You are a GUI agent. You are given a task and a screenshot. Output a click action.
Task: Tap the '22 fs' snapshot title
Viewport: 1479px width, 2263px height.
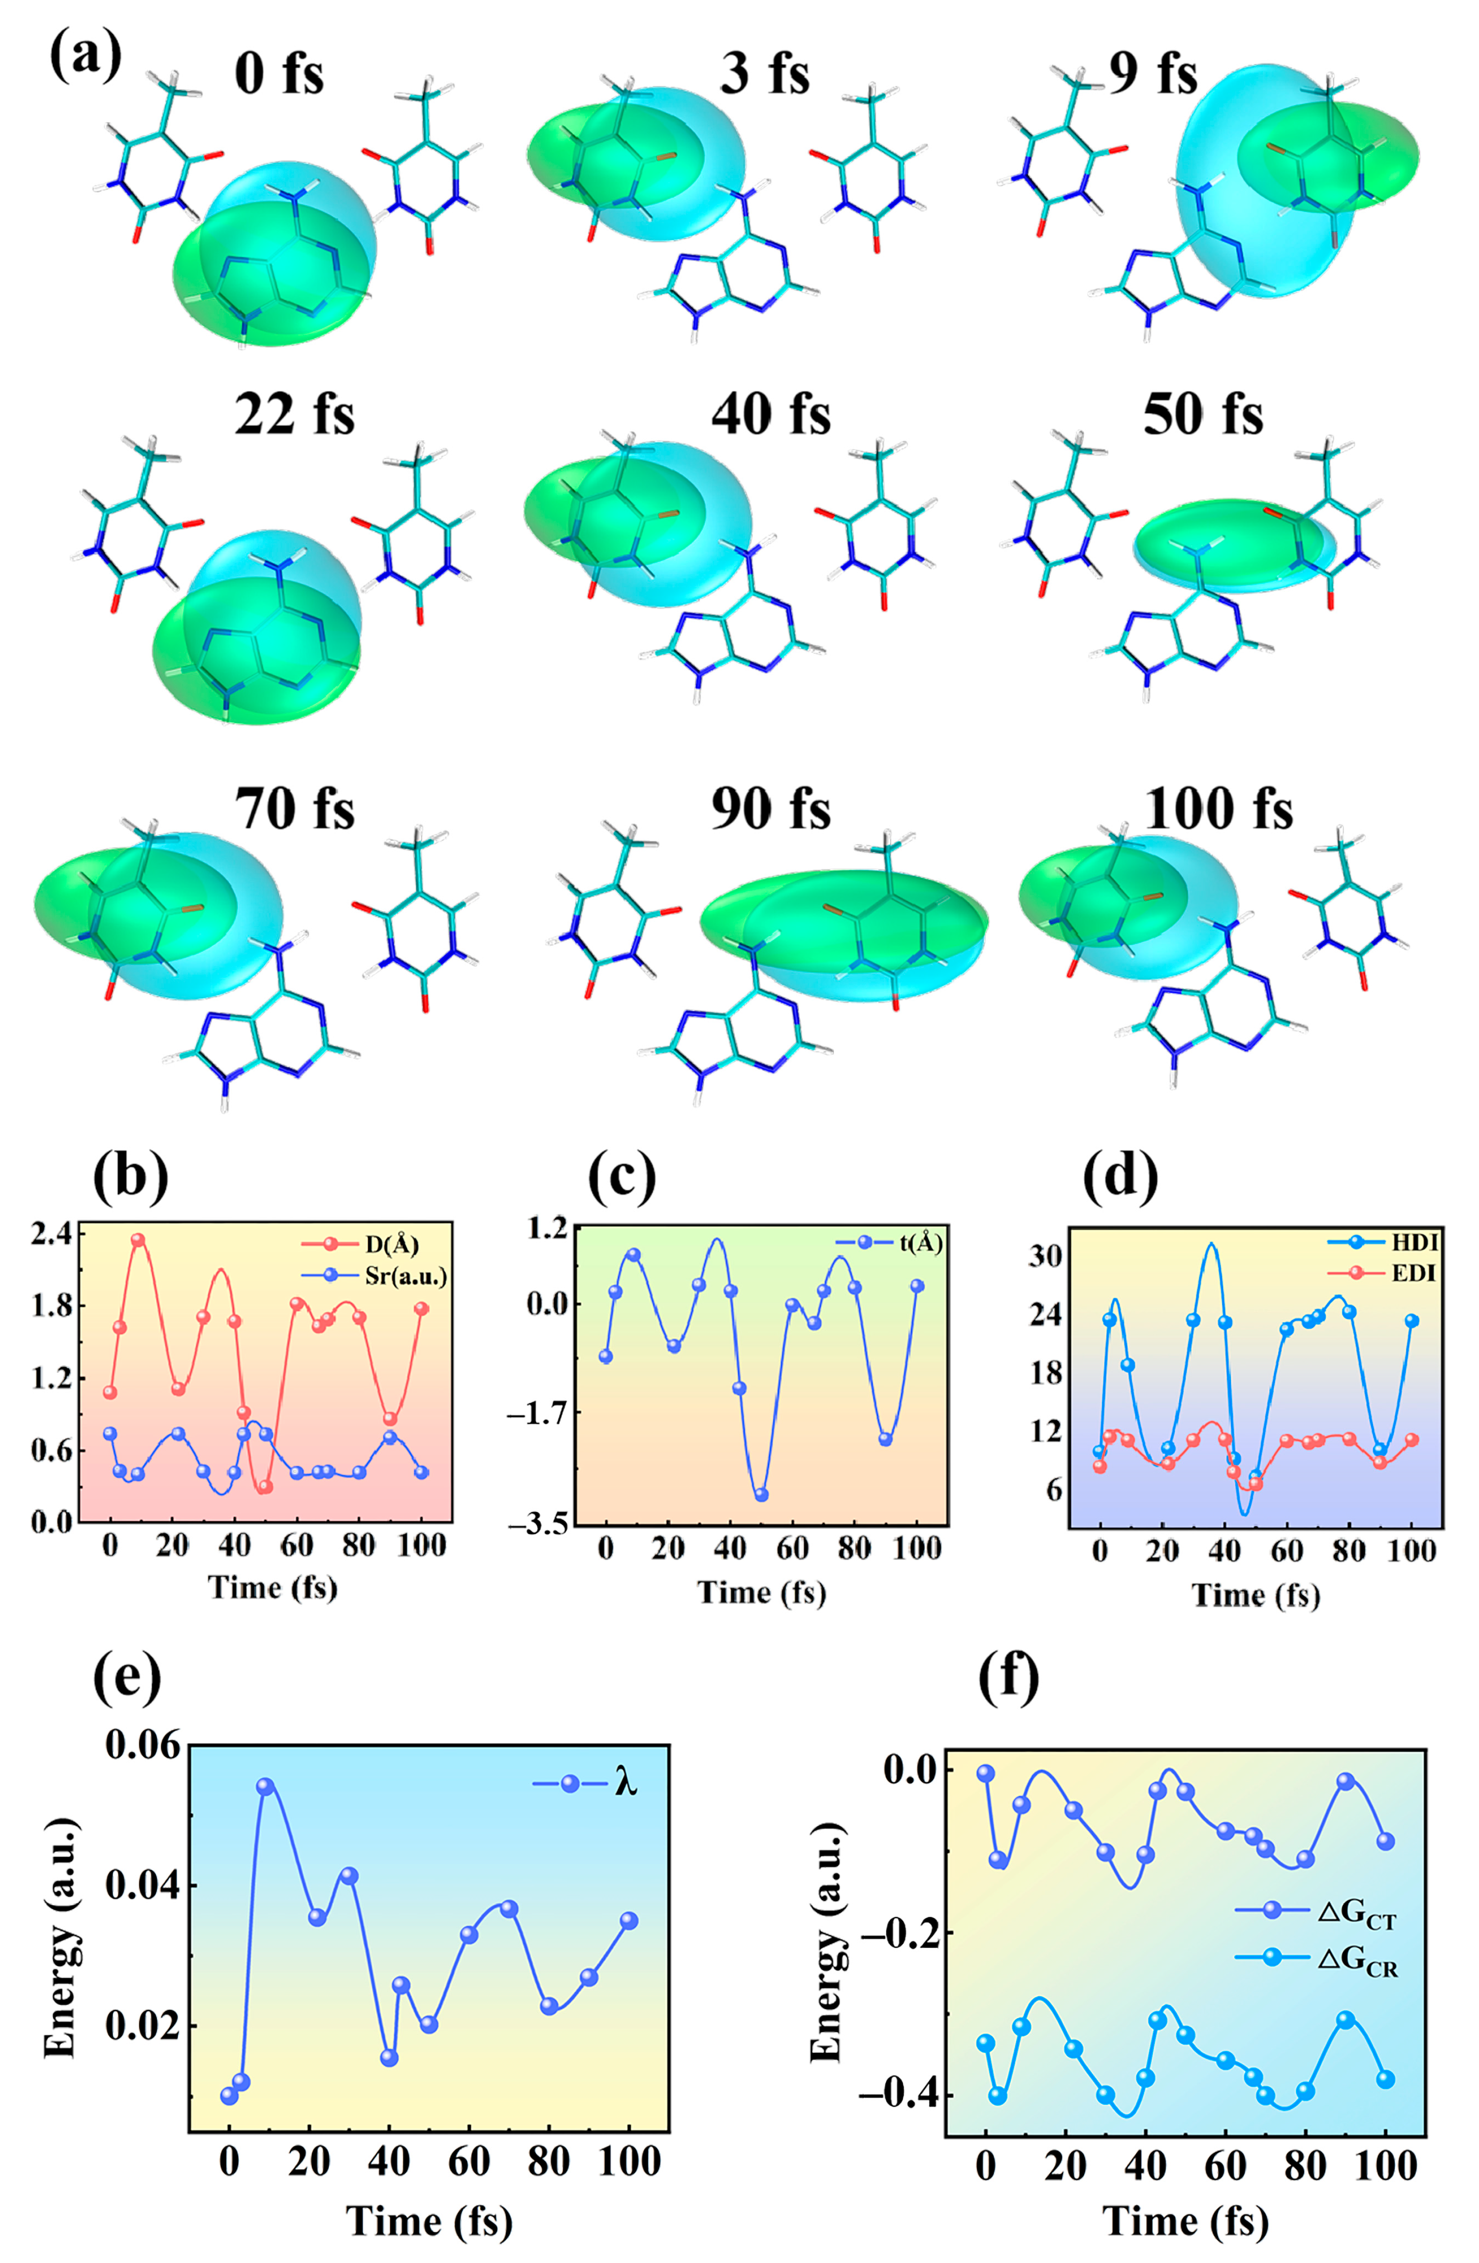[x=294, y=415]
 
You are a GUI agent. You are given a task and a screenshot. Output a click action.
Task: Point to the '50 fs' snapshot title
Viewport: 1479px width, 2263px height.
[x=1203, y=415]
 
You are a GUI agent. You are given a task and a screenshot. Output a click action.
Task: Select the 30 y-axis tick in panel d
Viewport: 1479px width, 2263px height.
[x=1044, y=1256]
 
